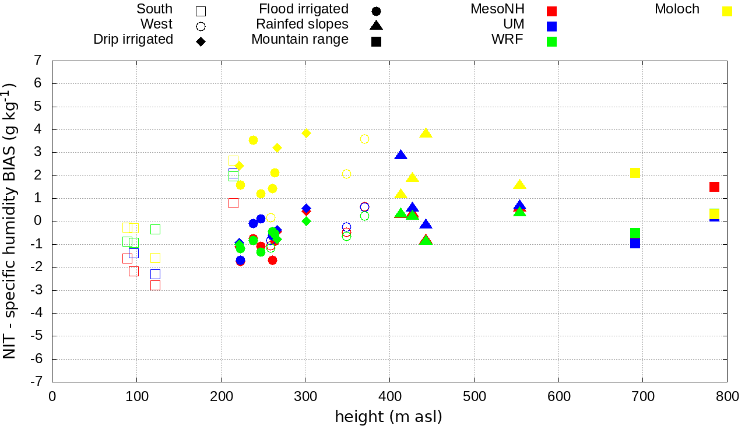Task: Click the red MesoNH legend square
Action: tap(552, 11)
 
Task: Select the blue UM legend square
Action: tap(552, 26)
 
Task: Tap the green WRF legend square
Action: tap(552, 41)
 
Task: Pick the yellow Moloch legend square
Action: tap(727, 11)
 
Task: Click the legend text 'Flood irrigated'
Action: tap(304, 9)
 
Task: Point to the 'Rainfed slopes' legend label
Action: tap(302, 24)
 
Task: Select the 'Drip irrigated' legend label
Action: tap(133, 40)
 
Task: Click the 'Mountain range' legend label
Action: tap(300, 40)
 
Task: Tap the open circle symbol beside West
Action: tap(201, 26)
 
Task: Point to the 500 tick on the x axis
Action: tap(474, 397)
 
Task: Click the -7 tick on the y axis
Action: tap(37, 382)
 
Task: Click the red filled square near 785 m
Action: tap(714, 187)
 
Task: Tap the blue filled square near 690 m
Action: tap(635, 243)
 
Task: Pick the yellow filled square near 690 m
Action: tap(635, 173)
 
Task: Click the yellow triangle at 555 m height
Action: tap(520, 184)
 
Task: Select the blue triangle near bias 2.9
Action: tap(400, 154)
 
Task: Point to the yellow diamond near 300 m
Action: tap(306, 133)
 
